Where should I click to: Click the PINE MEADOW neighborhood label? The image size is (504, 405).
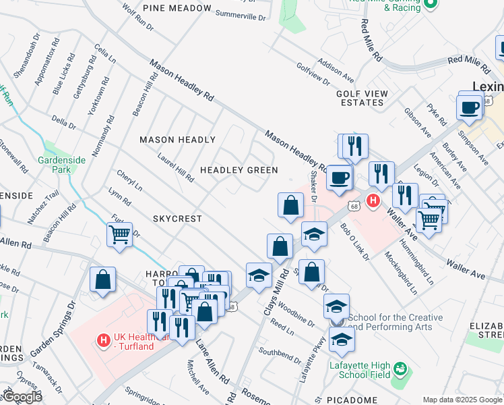(x=177, y=8)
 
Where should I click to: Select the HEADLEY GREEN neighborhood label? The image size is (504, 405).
(x=239, y=170)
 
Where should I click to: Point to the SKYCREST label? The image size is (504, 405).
(x=177, y=219)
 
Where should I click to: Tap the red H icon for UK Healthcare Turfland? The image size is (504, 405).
(x=103, y=340)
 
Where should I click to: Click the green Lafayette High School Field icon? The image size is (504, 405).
(x=400, y=369)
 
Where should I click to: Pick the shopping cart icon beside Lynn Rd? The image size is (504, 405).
(x=119, y=235)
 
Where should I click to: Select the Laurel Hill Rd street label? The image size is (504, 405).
(x=176, y=168)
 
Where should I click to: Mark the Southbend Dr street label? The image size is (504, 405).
(x=278, y=352)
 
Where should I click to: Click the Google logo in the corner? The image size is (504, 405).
(x=22, y=398)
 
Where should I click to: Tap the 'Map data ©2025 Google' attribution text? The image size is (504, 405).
(x=462, y=400)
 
